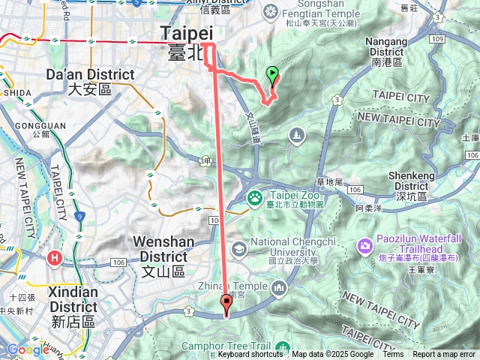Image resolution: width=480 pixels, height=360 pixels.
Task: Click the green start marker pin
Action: (x=272, y=73)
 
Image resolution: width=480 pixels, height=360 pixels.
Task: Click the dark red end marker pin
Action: (x=226, y=302)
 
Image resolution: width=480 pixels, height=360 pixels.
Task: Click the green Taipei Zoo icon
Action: (x=255, y=199)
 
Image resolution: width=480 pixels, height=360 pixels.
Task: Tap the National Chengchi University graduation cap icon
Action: (x=238, y=248)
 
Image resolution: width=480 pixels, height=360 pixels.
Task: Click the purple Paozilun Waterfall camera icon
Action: (x=365, y=245)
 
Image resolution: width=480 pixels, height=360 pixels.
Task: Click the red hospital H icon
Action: (x=55, y=258)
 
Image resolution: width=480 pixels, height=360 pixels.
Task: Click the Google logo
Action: (x=28, y=349)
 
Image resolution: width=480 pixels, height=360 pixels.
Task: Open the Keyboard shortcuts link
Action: (x=250, y=355)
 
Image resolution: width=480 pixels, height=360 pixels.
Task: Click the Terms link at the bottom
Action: (x=393, y=355)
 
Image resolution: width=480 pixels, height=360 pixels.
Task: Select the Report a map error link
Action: (x=444, y=355)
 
